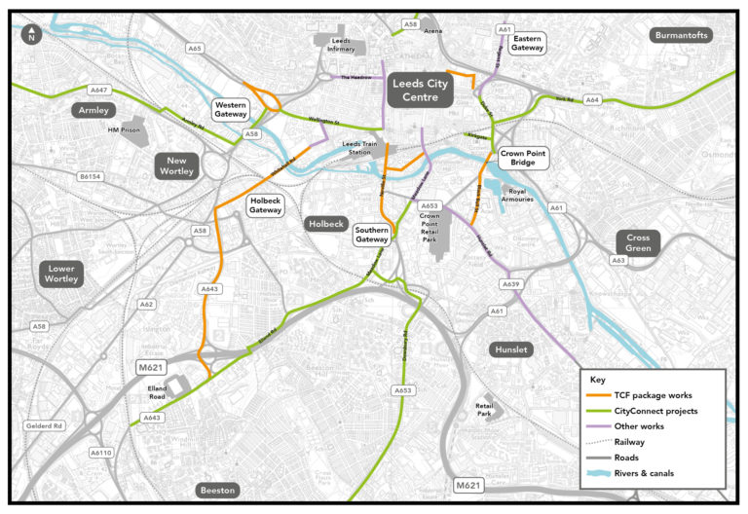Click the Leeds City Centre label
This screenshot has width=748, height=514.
423,92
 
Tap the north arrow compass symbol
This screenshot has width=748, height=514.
32,36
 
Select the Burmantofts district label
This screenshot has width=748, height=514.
681,35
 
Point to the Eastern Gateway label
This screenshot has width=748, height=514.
527,42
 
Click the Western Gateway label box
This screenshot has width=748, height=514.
231,109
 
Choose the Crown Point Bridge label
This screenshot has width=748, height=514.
523,159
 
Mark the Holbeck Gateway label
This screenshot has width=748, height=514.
266,204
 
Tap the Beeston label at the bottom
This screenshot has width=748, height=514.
218,490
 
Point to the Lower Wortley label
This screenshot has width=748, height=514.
65,274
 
